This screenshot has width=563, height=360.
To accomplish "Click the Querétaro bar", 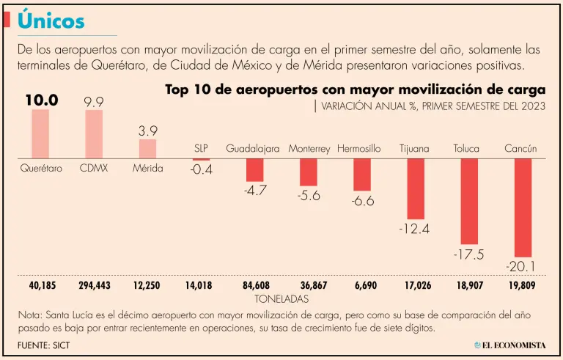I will point(40,134).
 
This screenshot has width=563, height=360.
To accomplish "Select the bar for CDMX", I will point(94,134).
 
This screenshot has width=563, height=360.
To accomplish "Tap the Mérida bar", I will point(147,149).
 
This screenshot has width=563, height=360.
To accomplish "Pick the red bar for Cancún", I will point(523,207).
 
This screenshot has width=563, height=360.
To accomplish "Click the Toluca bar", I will point(469,201).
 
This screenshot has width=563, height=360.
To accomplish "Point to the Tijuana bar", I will point(416,188).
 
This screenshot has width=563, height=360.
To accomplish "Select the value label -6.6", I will point(362,201).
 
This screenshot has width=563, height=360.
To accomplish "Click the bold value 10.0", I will point(41,100).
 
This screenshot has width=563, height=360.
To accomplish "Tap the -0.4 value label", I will point(201,169).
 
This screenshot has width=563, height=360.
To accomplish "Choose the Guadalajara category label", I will point(253,149).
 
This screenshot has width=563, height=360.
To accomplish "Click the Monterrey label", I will point(309,149).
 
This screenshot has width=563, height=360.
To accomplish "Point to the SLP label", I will point(201,149).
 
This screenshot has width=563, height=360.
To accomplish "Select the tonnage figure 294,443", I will point(94,285).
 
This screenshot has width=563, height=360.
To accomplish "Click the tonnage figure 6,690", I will point(362,285).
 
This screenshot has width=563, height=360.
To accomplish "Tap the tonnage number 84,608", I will point(254,285).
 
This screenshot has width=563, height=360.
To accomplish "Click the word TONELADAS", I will point(281,299).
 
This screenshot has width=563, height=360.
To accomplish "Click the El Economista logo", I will point(509,345).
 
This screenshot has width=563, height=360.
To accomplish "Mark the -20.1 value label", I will point(522,265).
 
